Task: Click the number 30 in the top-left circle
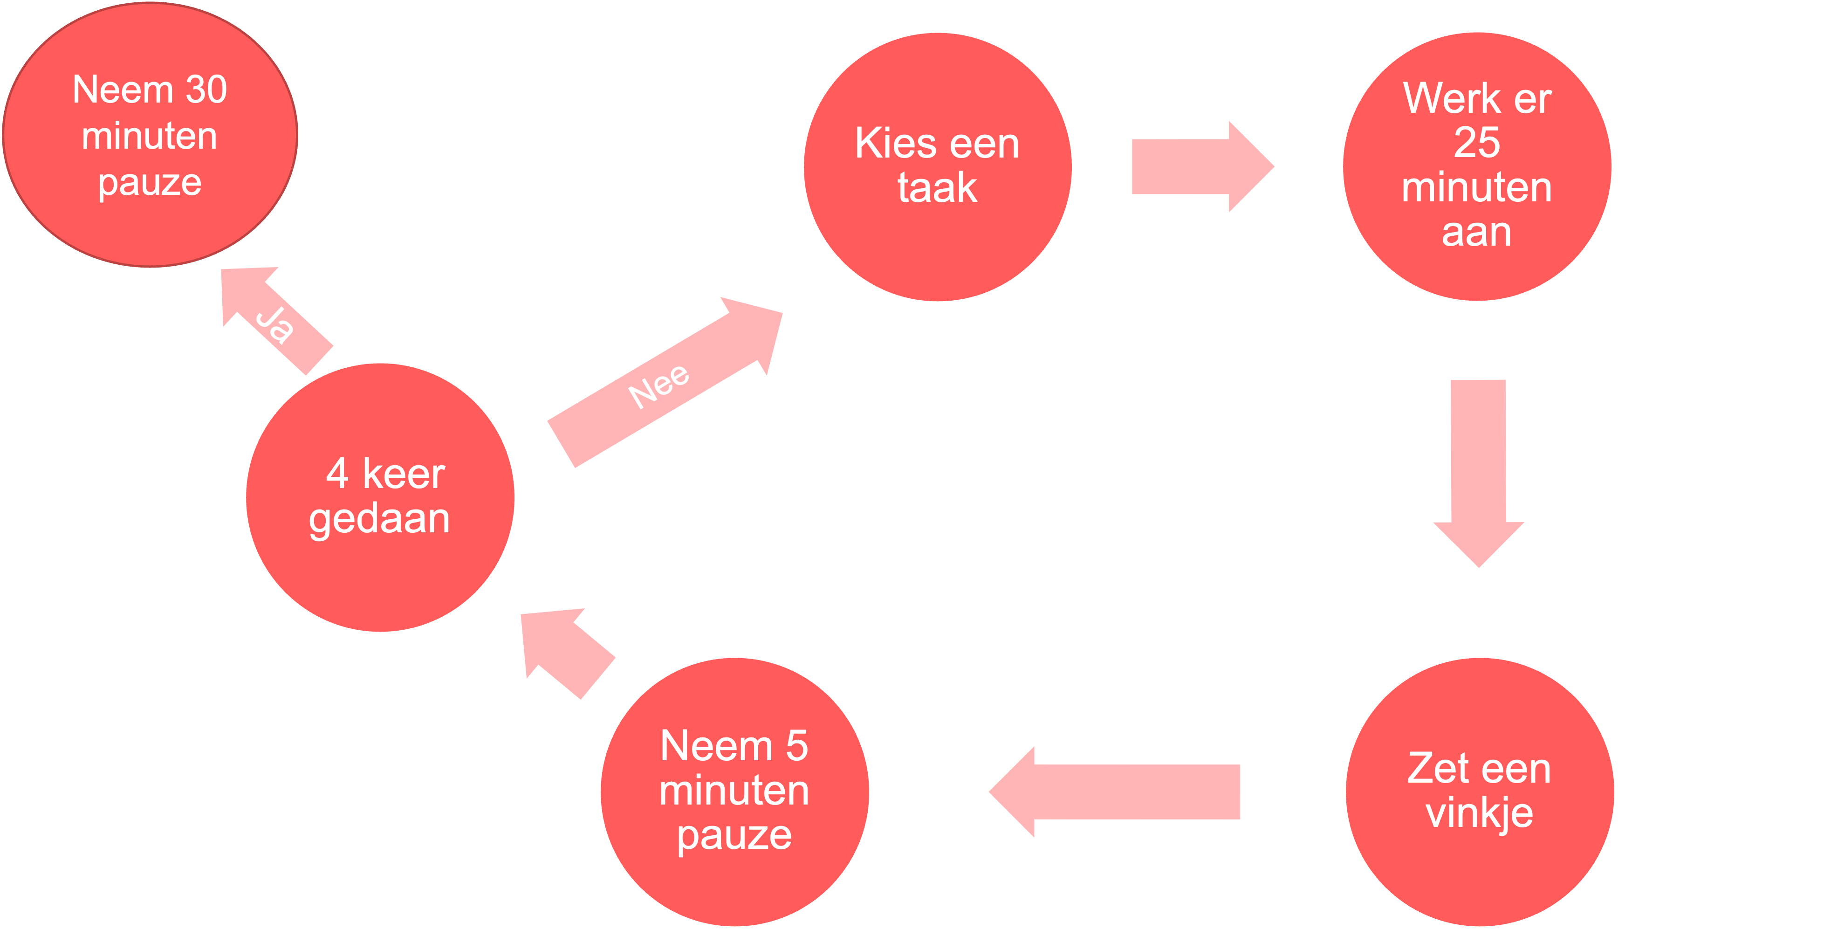click(206, 90)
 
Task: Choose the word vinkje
click(1479, 813)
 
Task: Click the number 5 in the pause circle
click(796, 746)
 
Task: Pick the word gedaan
click(379, 519)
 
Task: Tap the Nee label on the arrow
click(658, 386)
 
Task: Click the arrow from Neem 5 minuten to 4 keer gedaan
click(567, 652)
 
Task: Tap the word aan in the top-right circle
click(1477, 232)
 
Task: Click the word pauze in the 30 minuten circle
click(150, 183)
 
